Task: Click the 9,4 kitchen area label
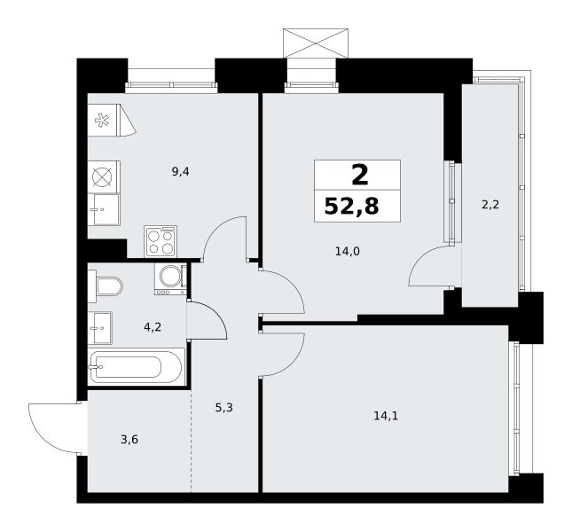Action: point(181,171)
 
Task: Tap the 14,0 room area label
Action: point(348,251)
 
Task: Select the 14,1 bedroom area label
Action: point(386,416)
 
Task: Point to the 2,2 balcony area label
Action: point(490,205)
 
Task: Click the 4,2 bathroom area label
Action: point(153,327)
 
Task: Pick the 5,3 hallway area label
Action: point(224,407)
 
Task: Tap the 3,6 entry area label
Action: point(129,440)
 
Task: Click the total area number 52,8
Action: point(352,206)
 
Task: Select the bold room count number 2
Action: point(360,175)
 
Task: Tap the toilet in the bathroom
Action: point(105,286)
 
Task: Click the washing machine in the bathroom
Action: point(170,279)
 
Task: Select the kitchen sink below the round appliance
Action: point(104,209)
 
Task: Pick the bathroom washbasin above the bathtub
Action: point(100,328)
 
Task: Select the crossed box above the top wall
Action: point(316,43)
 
